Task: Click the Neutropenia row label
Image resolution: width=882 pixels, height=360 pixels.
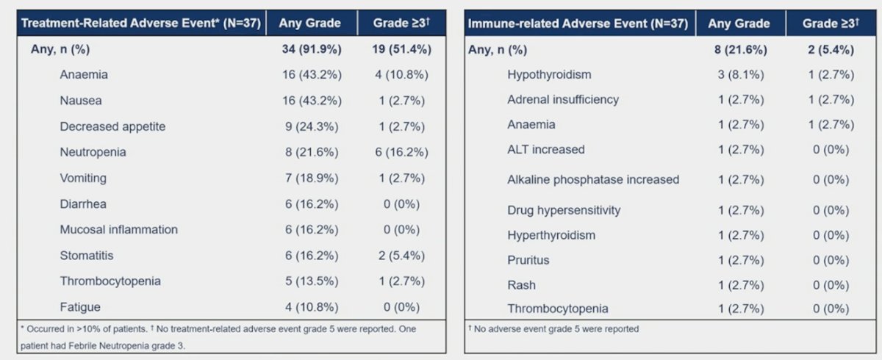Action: [x=93, y=152]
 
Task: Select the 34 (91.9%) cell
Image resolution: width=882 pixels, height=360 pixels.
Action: [x=312, y=49]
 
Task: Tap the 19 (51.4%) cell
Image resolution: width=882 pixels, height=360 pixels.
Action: [x=401, y=49]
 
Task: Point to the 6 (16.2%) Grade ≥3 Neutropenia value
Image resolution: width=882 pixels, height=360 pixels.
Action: [x=401, y=152]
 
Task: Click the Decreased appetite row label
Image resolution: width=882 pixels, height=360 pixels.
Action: [x=112, y=126]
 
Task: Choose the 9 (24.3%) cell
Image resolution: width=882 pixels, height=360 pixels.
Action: [x=312, y=126]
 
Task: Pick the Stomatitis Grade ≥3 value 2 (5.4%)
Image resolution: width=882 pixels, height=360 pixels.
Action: [x=401, y=256]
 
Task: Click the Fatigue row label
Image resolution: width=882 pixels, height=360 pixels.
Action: [x=80, y=307]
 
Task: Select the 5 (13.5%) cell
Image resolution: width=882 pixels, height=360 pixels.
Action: [x=312, y=281]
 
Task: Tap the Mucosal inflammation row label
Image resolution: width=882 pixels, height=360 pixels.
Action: [x=118, y=230]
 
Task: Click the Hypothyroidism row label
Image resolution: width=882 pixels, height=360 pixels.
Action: [x=549, y=75]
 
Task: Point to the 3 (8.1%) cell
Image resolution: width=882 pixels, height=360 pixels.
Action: [x=741, y=75]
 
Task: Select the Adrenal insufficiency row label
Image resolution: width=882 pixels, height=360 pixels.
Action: [x=563, y=100]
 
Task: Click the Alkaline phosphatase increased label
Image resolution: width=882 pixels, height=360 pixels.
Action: [x=593, y=180]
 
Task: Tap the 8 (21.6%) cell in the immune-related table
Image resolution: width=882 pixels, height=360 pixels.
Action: [x=741, y=50]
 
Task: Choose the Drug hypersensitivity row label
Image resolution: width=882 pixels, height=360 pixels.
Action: [x=564, y=211]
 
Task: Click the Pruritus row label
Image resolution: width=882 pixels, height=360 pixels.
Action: [x=528, y=261]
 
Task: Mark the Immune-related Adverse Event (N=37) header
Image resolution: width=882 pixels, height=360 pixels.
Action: [x=578, y=24]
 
